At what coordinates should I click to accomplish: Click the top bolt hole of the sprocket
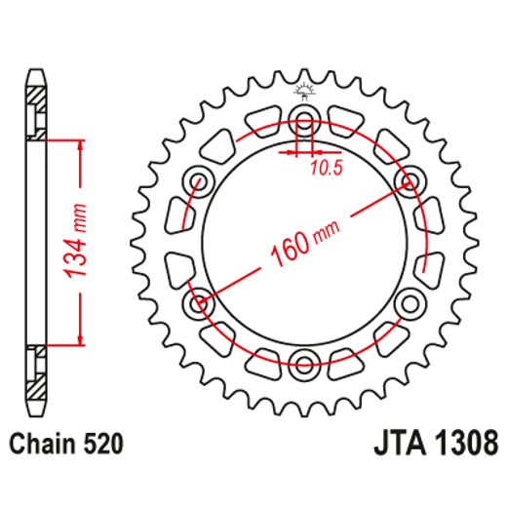304,124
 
